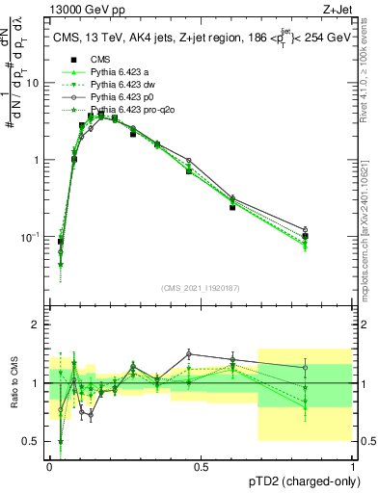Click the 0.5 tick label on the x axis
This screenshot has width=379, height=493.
point(202,467)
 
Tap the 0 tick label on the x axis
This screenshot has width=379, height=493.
point(50,467)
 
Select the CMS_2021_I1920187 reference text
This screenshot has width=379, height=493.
point(201,288)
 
